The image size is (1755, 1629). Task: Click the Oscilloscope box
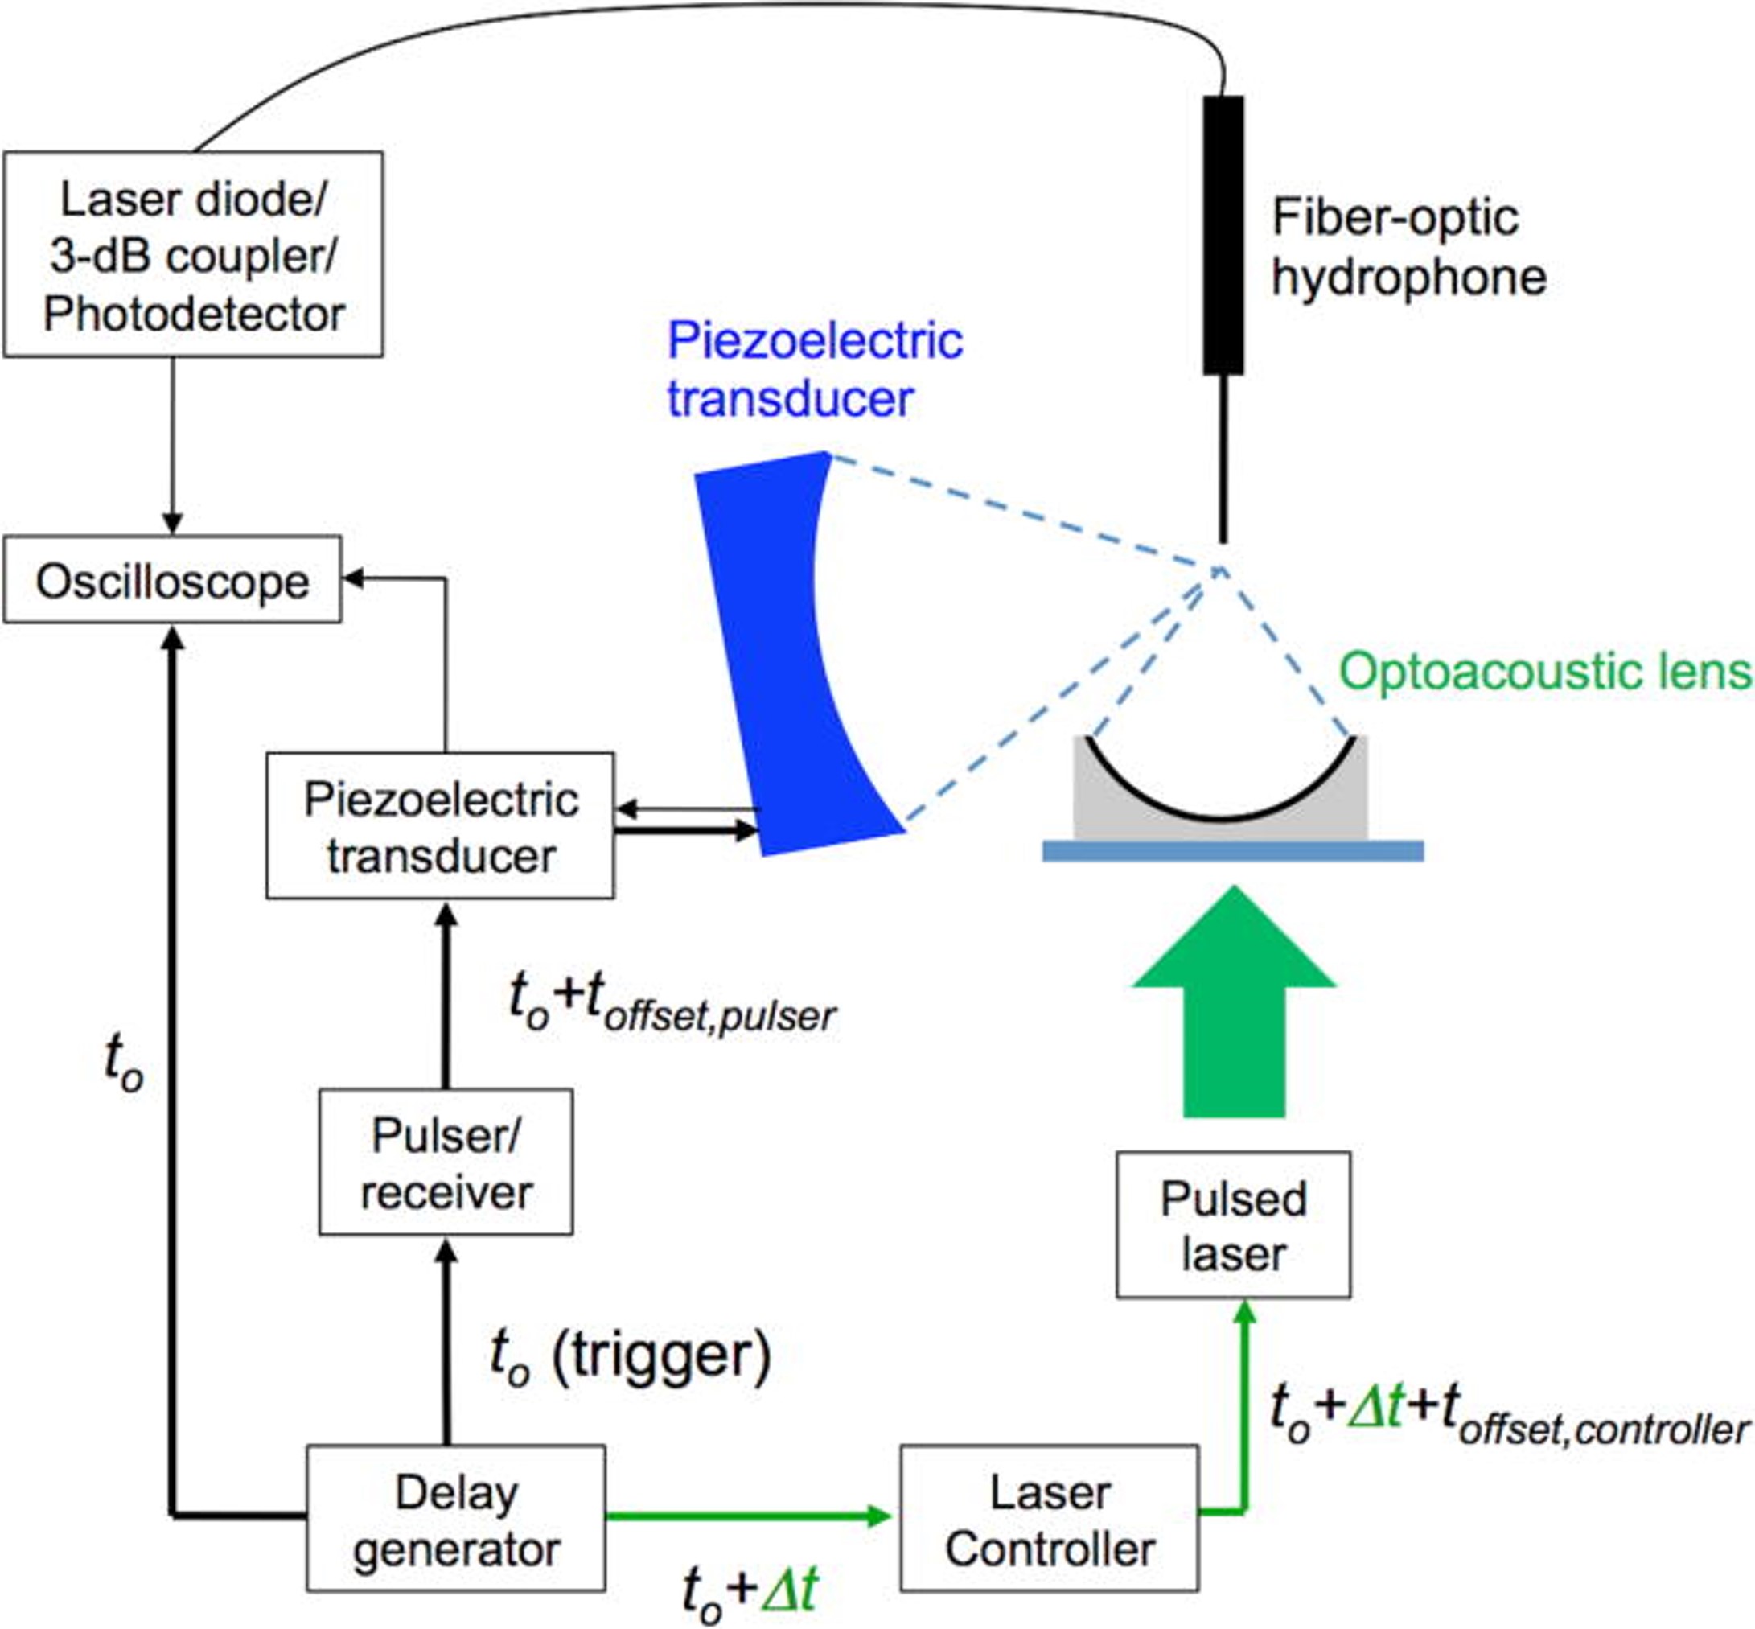(x=172, y=580)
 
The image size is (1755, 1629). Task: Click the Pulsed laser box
(x=1232, y=1225)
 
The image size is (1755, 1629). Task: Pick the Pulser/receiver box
(x=445, y=1162)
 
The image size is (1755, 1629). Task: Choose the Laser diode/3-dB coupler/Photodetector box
(x=193, y=255)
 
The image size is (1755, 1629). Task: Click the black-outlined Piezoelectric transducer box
(x=440, y=826)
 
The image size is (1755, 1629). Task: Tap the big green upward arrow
(x=1234, y=1014)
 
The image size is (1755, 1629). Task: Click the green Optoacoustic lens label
(x=1545, y=672)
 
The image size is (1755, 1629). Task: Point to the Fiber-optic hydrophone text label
(x=1408, y=248)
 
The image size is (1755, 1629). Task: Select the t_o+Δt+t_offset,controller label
(x=1508, y=1415)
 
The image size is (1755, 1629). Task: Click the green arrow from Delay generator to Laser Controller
(x=750, y=1516)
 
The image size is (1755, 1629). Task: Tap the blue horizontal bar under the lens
(x=1232, y=850)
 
